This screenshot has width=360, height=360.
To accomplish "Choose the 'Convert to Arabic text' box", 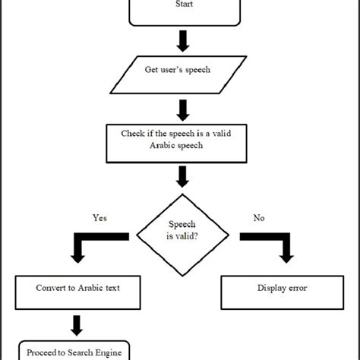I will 77,289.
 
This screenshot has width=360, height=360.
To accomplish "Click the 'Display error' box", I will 283,289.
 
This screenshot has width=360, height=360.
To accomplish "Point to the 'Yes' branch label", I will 99,218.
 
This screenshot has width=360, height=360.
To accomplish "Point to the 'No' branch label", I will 258,218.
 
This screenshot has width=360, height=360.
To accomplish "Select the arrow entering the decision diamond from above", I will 182,177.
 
